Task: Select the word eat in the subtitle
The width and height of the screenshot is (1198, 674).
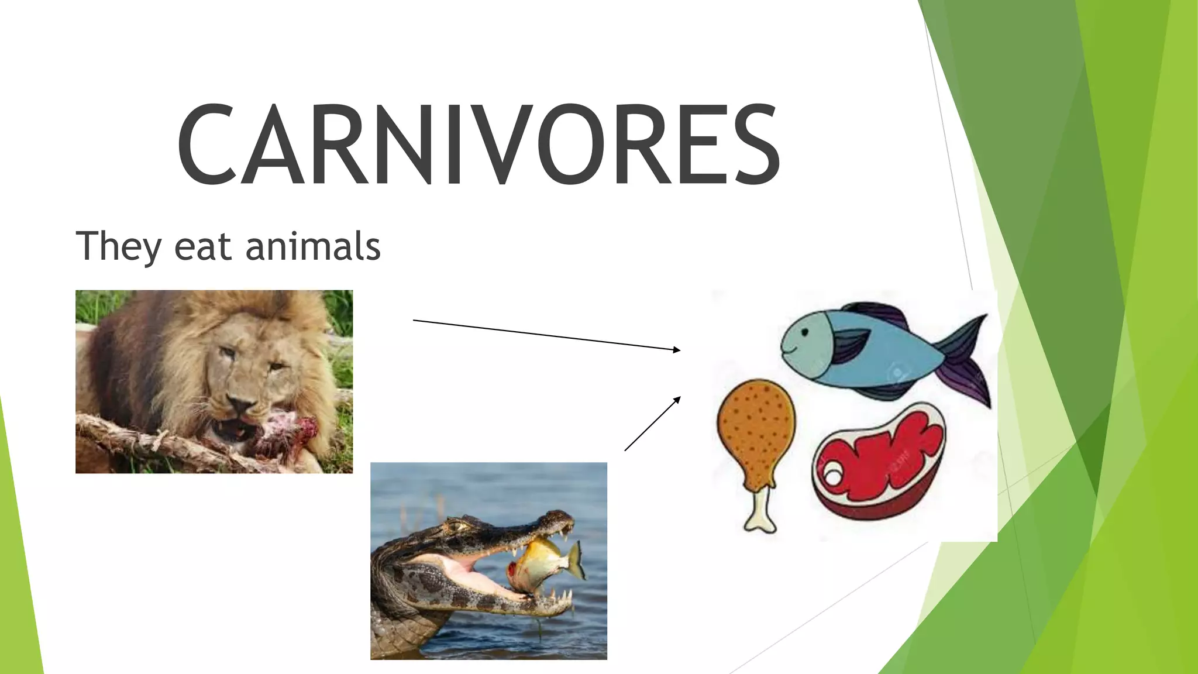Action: (x=202, y=246)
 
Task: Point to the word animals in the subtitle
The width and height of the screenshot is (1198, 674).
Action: (x=313, y=246)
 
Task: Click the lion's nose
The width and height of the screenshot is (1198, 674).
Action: (x=241, y=404)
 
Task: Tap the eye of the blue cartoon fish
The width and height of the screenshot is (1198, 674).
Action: (x=804, y=333)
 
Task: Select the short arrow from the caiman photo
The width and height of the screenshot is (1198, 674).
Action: (x=652, y=424)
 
